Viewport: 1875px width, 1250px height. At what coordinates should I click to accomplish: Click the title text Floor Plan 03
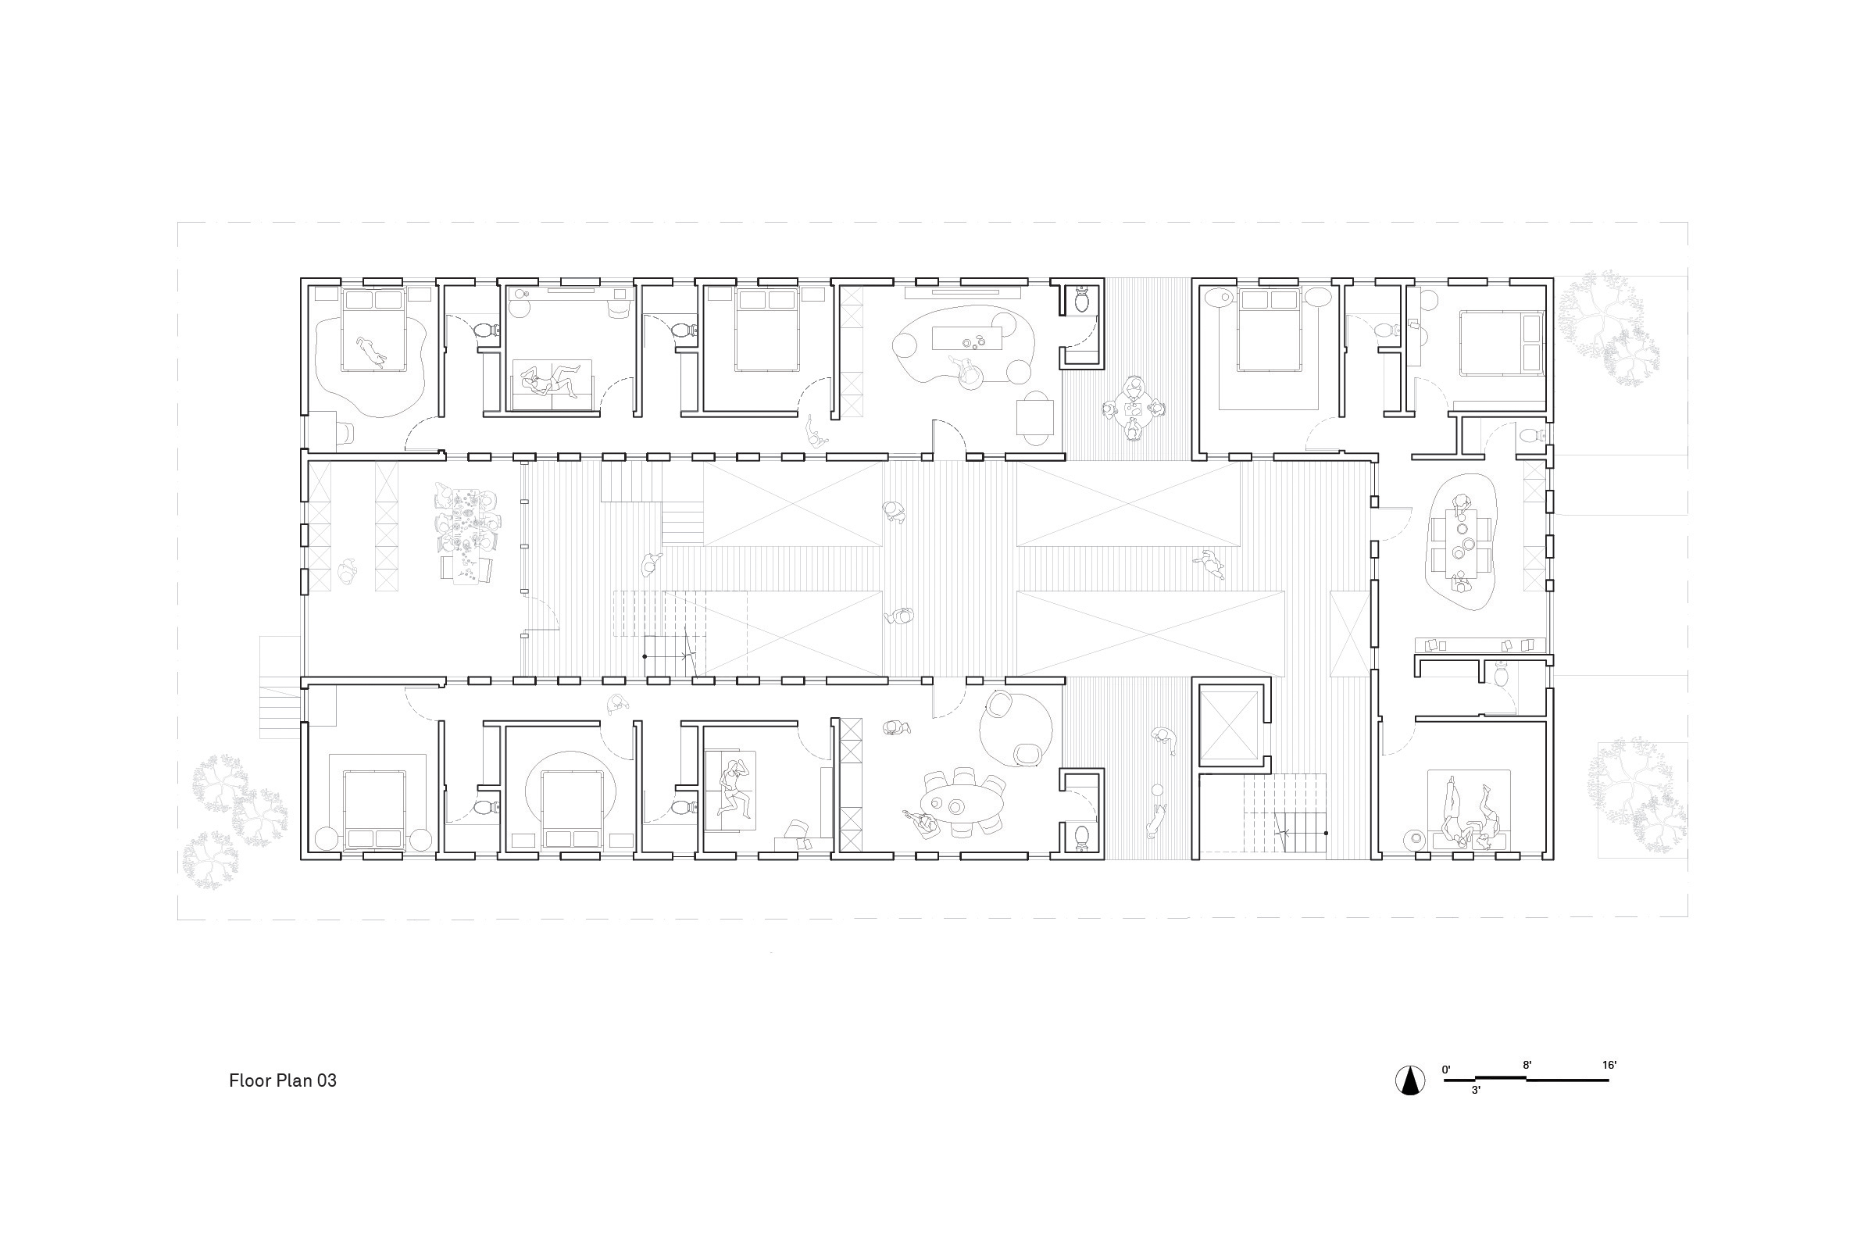tap(282, 1080)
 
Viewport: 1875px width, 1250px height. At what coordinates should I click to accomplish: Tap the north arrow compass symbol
tap(1410, 1080)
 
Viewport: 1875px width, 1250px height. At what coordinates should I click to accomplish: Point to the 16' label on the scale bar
tap(1609, 1065)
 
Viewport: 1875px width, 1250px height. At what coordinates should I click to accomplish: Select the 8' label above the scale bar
tap(1527, 1065)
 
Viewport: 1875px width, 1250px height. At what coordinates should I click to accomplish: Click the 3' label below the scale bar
tap(1476, 1091)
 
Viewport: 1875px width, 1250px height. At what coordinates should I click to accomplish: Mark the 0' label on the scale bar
tap(1446, 1070)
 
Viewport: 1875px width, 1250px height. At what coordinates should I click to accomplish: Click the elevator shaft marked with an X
tap(1227, 726)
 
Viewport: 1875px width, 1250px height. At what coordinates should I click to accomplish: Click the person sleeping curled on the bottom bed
tap(732, 790)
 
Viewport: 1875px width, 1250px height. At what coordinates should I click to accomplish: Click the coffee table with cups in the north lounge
tap(967, 339)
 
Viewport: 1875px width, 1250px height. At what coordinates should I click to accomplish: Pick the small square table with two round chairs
tap(1034, 417)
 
